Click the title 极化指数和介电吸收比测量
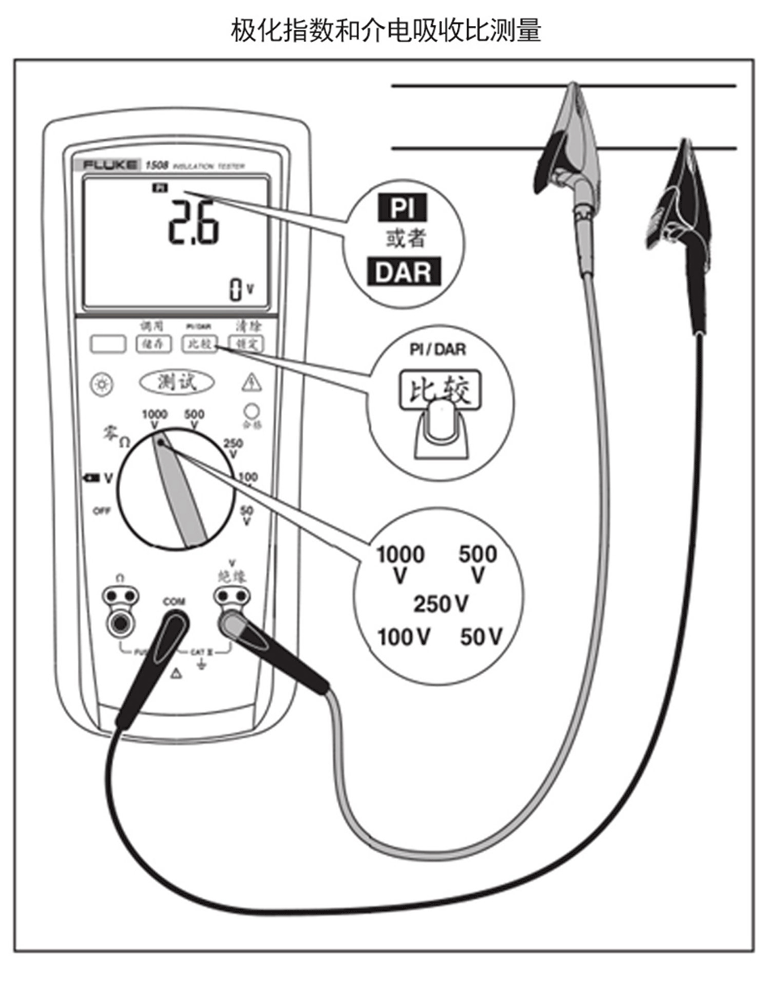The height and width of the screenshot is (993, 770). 386,31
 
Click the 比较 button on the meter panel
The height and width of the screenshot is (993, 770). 199,343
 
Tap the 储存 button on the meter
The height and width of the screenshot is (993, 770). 153,343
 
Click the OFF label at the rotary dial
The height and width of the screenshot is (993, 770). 101,511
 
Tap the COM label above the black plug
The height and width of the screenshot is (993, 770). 173,602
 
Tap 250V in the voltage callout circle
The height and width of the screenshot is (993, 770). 441,603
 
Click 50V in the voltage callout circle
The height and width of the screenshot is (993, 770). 480,637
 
